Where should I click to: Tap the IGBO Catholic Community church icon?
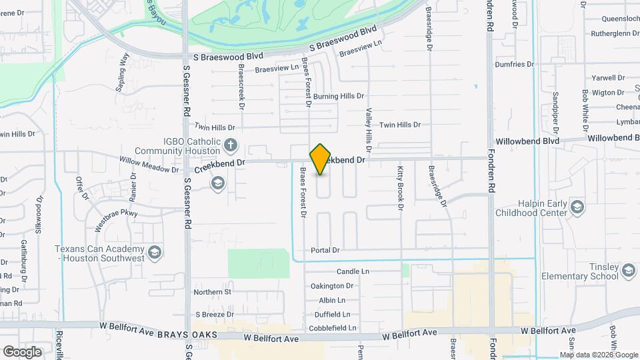click(230, 145)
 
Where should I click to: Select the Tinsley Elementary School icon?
click(629, 270)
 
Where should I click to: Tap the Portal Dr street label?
click(325, 251)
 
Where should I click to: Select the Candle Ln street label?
click(353, 272)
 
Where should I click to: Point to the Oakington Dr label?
click(332, 287)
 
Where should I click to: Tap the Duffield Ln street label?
click(333, 314)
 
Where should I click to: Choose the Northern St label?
click(213, 292)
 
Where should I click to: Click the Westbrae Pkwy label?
click(116, 219)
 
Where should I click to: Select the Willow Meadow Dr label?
click(149, 165)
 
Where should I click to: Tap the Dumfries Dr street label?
click(515, 65)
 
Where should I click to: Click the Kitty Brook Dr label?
click(401, 189)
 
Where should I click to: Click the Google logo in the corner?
click(22, 351)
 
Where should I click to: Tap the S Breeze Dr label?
click(215, 314)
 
